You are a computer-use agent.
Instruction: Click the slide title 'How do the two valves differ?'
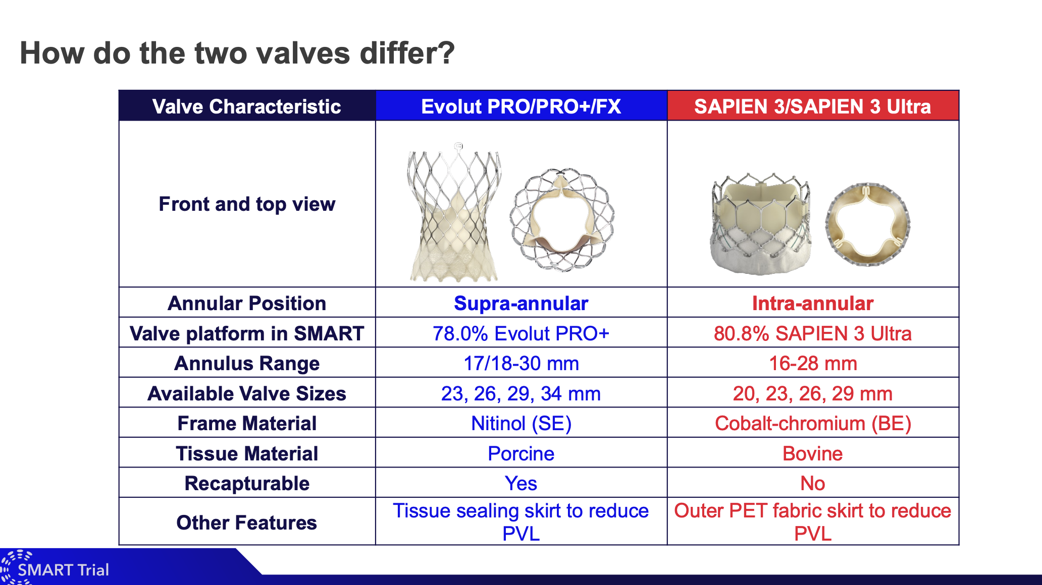tap(237, 53)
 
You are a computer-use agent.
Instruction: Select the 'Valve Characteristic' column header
tap(247, 106)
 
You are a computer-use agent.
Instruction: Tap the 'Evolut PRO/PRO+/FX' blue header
tap(521, 106)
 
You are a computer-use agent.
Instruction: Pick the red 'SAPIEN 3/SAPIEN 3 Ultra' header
tap(812, 106)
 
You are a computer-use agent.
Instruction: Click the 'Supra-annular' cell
tap(521, 303)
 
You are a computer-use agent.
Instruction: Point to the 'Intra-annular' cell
tap(813, 303)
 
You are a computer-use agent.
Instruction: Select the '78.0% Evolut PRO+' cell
tap(521, 333)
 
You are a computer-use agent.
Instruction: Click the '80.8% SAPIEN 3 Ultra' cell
tap(813, 333)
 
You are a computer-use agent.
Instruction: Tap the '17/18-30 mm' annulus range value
tap(521, 363)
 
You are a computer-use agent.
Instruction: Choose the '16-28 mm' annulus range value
tap(813, 363)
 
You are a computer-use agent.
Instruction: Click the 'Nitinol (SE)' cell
tap(521, 424)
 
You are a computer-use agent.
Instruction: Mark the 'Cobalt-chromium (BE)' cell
tap(813, 424)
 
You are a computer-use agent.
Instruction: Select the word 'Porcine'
tap(521, 453)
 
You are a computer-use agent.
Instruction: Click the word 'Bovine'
tap(813, 453)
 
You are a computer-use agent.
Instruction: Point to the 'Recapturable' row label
tap(247, 483)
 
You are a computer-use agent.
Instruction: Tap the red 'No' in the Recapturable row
tap(813, 483)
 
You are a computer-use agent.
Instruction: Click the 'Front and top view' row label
tap(247, 204)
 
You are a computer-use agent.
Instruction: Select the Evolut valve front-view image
tap(454, 212)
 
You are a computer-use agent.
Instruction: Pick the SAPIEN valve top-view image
tap(867, 224)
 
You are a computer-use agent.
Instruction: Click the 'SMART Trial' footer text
tap(63, 570)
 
